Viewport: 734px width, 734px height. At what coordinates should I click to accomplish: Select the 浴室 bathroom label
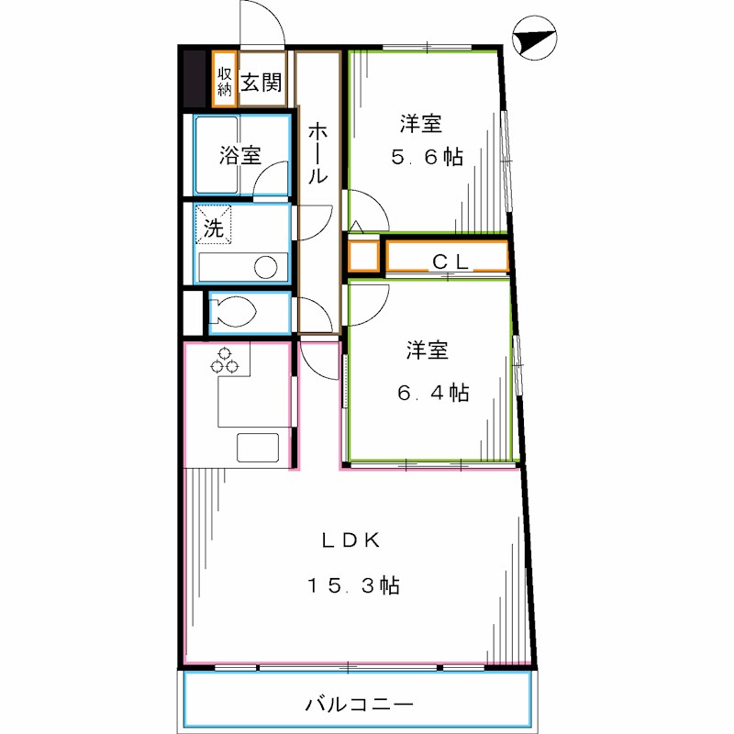pyautogui.click(x=239, y=156)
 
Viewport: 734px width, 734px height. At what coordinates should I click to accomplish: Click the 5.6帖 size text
pyautogui.click(x=427, y=157)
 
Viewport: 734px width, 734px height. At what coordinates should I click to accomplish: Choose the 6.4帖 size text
pyautogui.click(x=433, y=393)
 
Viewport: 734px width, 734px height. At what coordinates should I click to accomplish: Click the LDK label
pyautogui.click(x=350, y=540)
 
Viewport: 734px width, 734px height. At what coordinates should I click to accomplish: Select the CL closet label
pyautogui.click(x=450, y=261)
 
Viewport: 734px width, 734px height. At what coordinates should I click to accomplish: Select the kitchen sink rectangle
pyautogui.click(x=257, y=448)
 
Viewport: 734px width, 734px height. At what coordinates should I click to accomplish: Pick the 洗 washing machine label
pyautogui.click(x=213, y=228)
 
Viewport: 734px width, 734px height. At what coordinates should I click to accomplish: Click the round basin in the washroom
pyautogui.click(x=266, y=268)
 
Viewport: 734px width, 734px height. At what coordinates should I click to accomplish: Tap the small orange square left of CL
pyautogui.click(x=363, y=256)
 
